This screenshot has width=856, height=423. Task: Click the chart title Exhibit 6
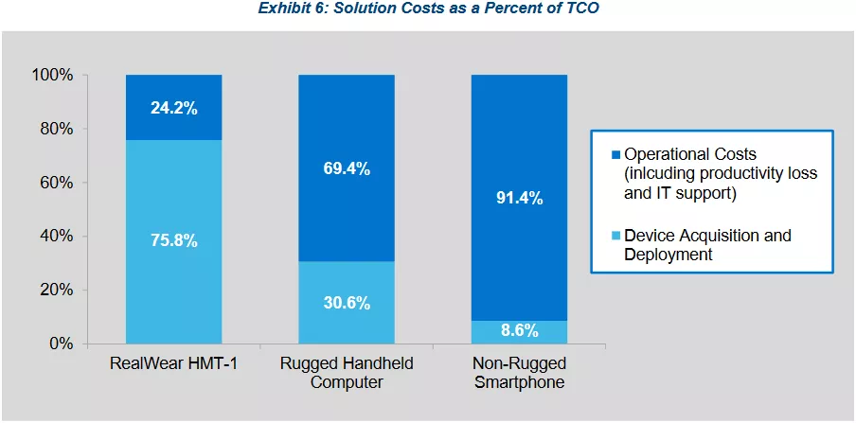click(428, 9)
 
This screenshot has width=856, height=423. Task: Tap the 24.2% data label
click(174, 108)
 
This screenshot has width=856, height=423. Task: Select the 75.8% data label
click(174, 240)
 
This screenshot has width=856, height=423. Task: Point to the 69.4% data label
click(347, 168)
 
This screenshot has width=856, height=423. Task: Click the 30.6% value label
click(347, 303)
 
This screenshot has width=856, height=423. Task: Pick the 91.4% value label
click(519, 198)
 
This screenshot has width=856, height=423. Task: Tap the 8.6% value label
click(519, 331)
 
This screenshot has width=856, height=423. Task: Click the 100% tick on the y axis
click(53, 75)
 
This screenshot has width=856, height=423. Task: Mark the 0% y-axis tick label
click(62, 344)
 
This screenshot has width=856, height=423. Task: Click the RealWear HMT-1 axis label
click(174, 364)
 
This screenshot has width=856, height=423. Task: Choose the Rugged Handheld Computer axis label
click(347, 373)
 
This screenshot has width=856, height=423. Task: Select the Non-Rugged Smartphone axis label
click(519, 373)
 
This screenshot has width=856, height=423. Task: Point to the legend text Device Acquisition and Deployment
click(701, 244)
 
